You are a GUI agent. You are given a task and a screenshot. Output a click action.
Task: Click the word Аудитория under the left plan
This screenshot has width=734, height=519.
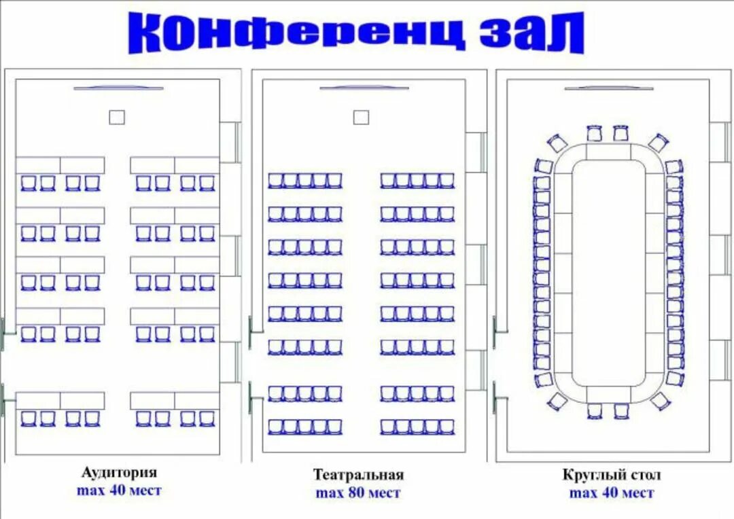point(119,472)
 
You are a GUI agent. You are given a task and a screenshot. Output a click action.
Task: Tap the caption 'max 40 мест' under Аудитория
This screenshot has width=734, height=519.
point(119,490)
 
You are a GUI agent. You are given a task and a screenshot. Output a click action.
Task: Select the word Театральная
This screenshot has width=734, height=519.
point(358,474)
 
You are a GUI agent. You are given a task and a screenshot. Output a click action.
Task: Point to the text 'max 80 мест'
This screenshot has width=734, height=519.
point(358,493)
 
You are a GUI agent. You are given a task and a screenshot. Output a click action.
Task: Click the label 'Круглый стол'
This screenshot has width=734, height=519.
point(611,475)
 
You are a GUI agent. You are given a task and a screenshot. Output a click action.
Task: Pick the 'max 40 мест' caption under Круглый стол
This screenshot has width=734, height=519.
point(611,493)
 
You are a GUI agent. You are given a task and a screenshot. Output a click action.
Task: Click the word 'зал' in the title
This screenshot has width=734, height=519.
point(531,32)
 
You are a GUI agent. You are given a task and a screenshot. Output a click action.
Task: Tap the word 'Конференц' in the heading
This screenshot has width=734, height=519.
point(296,32)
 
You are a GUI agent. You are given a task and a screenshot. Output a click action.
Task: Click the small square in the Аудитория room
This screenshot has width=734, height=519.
point(117,118)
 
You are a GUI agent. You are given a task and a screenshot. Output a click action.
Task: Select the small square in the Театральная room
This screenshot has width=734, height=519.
point(361,118)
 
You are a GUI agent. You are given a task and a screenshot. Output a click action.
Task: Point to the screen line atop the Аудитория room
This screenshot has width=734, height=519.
point(119,88)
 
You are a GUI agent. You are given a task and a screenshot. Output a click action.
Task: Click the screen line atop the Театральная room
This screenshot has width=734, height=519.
point(364,88)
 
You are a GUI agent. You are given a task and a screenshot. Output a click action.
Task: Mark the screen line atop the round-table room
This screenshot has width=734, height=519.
point(609,88)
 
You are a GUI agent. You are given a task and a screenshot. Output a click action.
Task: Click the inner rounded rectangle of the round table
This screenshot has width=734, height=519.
point(608,272)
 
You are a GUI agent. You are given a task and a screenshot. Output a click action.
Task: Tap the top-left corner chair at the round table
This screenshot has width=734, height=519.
point(557,143)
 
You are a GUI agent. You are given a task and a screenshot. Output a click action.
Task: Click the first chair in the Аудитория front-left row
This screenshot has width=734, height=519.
point(29,183)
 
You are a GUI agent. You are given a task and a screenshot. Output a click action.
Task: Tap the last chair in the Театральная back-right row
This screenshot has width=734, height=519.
point(447,427)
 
